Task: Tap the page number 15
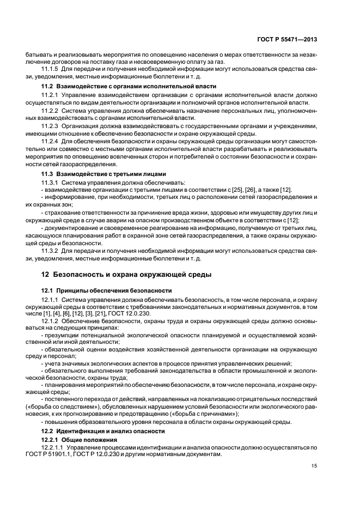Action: pyautogui.click(x=314, y=465)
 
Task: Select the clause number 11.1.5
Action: pyautogui.click(x=50, y=69)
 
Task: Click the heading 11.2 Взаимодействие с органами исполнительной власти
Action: pyautogui.click(x=129, y=87)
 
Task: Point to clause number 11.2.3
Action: pyautogui.click(x=50, y=125)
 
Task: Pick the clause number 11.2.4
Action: pyautogui.click(x=50, y=142)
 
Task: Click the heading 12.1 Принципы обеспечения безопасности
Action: pyautogui.click(x=107, y=290)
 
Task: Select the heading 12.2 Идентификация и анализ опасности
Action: pyautogui.click(x=103, y=431)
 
